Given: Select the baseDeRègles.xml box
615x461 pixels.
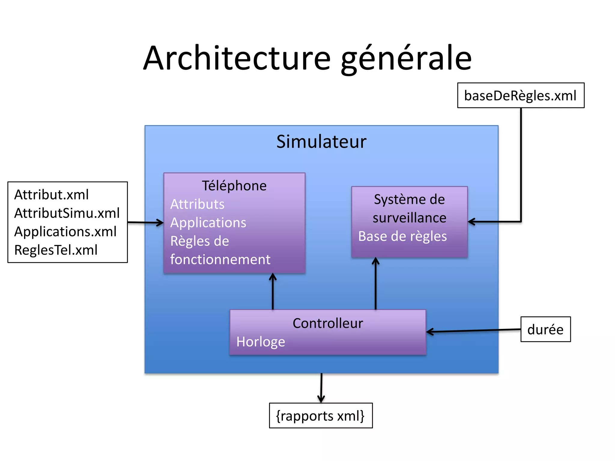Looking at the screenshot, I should coord(520,95).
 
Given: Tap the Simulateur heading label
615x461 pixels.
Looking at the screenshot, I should coord(321,142).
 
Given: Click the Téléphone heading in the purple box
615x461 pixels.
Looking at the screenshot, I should coord(234,186).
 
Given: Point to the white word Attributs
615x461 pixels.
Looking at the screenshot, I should coord(197,204).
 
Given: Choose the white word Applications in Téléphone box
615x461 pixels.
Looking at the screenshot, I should coord(208,223).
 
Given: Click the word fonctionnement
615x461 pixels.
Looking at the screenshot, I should coord(220,260).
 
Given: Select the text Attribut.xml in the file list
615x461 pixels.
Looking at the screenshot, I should coord(51,195).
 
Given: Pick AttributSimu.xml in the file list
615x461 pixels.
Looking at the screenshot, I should coord(67,213).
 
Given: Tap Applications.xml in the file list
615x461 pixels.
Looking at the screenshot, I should coord(65,232).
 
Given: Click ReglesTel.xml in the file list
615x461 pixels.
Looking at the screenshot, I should coord(56,250).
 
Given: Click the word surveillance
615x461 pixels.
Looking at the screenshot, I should coord(409,218).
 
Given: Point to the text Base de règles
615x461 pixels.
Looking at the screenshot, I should coord(402,237).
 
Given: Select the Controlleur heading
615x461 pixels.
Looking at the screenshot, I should coord(328,324).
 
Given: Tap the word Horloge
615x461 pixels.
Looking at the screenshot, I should coord(261,342).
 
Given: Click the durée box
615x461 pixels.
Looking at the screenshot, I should coord(545,329).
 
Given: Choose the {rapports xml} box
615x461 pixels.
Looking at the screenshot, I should coord(320,416).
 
